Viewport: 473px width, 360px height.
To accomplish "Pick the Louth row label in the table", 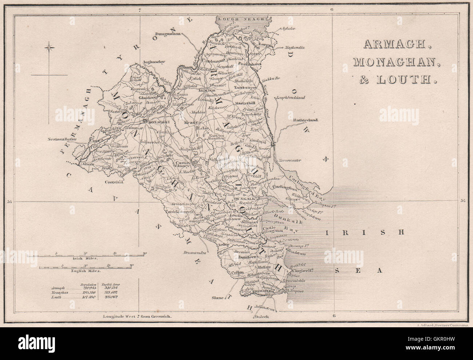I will pos(56,297).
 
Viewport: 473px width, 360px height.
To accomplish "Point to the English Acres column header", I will pos(111,282).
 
